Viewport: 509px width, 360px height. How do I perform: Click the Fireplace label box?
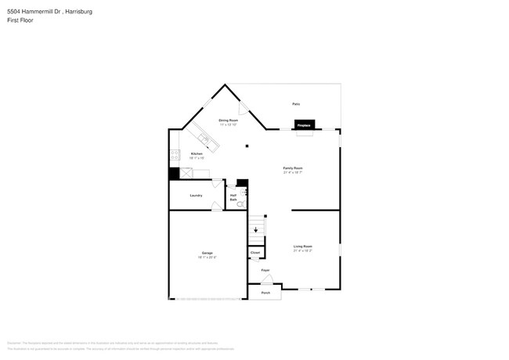tap(304, 124)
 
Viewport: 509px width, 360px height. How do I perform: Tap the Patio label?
tap(296, 103)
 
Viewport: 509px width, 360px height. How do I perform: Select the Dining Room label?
tap(228, 121)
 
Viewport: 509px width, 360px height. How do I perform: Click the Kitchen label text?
tap(197, 154)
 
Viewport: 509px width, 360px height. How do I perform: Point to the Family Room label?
tap(292, 168)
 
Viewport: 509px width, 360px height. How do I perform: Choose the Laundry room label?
tap(196, 196)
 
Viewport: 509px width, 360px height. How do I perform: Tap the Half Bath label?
tap(233, 198)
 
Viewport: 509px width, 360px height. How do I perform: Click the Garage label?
tap(208, 254)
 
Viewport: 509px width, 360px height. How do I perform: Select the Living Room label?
tap(302, 248)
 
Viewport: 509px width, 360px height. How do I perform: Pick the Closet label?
tap(255, 253)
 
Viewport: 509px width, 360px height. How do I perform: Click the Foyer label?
tap(265, 270)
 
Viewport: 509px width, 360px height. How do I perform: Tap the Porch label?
tap(265, 293)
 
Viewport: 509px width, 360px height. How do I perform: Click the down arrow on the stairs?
tap(255, 230)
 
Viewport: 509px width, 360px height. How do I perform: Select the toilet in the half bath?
tap(241, 203)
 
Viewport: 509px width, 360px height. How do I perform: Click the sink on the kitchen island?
tap(204, 140)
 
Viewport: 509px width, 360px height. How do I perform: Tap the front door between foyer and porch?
tap(266, 281)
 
